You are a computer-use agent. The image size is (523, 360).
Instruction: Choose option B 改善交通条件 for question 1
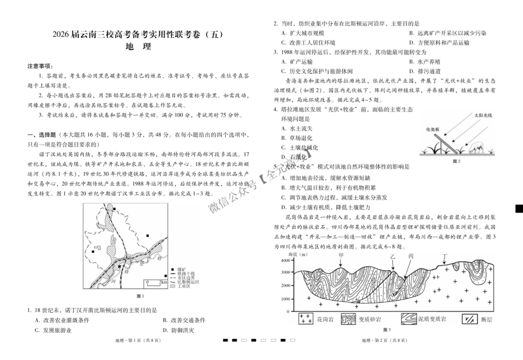184,320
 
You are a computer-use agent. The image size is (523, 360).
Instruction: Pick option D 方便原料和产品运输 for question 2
438,42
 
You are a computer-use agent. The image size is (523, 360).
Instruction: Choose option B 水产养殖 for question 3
425,62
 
